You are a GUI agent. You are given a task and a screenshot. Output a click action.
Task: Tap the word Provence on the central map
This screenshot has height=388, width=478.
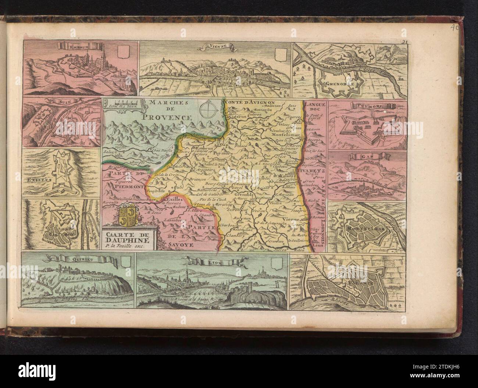tap(167, 117)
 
